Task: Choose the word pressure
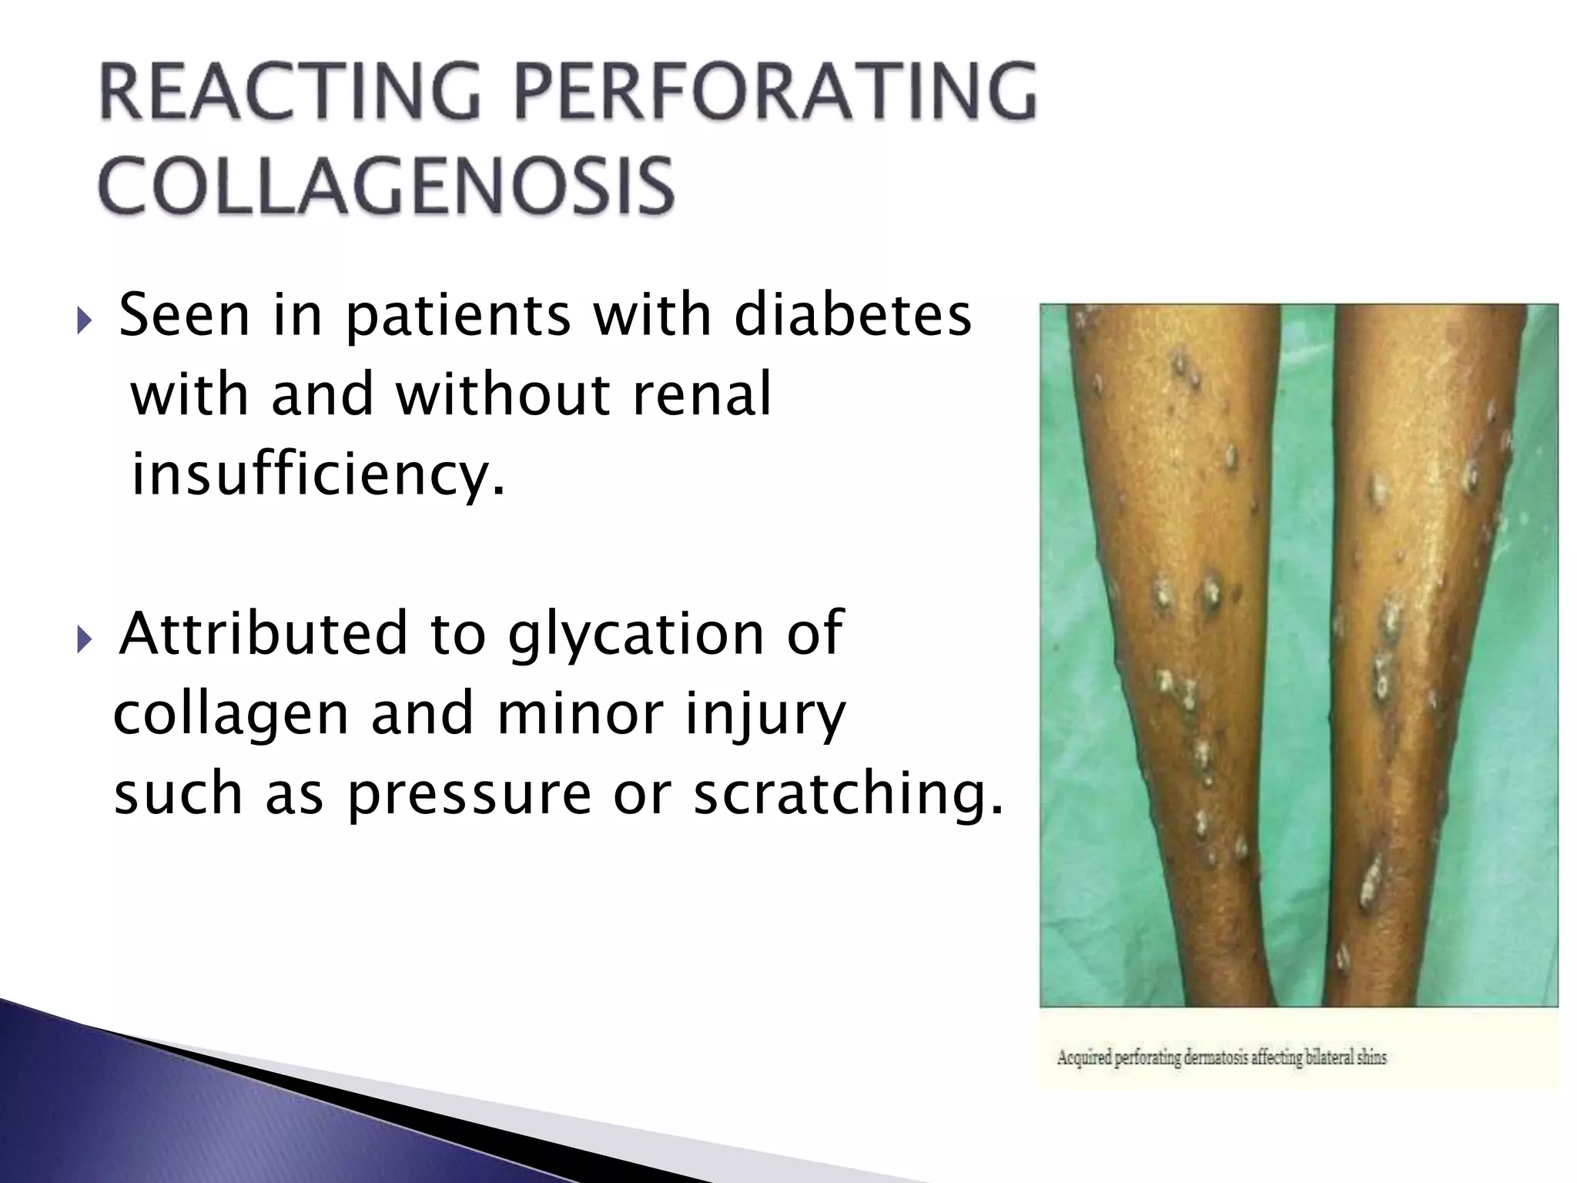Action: click(469, 796)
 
